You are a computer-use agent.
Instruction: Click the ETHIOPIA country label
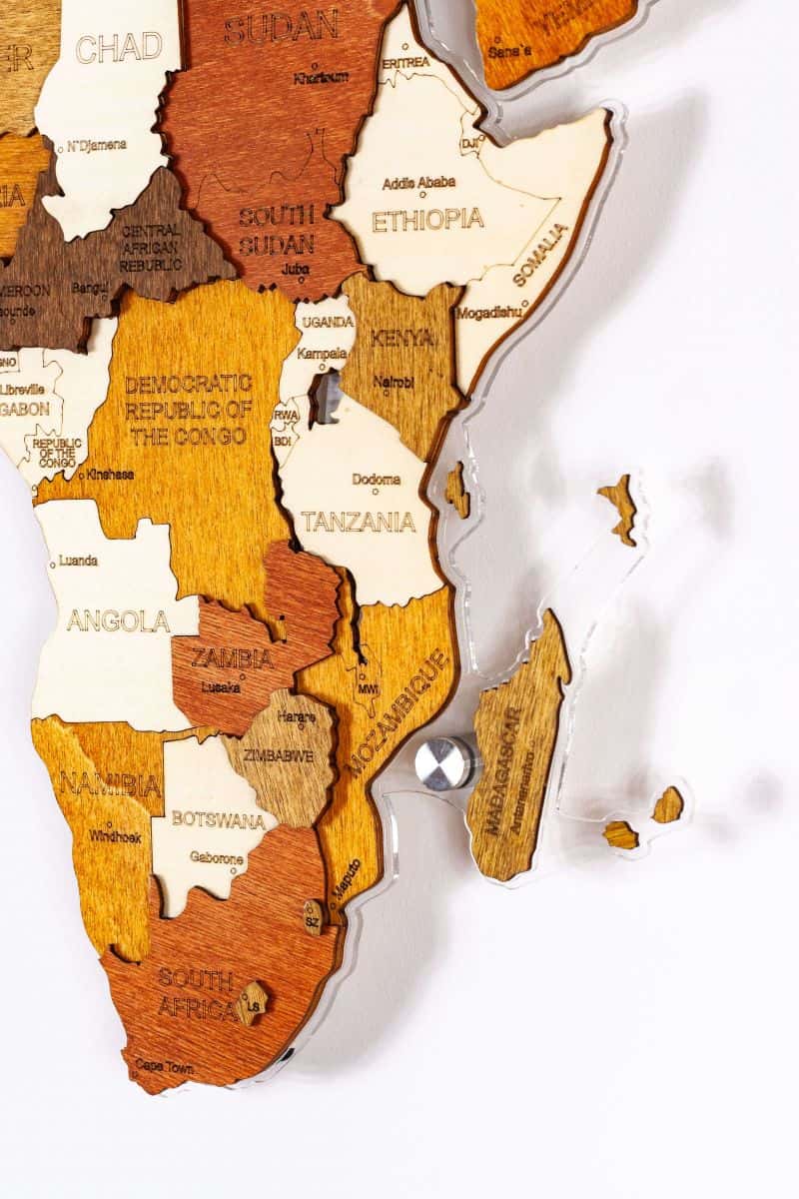[x=427, y=220]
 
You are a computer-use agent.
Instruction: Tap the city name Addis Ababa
[x=419, y=183]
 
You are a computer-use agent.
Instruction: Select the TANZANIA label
[x=359, y=522]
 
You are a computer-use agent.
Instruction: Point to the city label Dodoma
[x=376, y=480]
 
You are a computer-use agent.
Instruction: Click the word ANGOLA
[x=118, y=621]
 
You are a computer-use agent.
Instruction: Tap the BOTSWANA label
[x=220, y=819]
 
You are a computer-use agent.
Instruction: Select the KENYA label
[x=403, y=339]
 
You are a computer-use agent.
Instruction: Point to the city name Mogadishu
[x=489, y=313]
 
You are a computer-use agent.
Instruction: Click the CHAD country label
[x=119, y=47]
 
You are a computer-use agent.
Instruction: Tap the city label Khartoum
[x=321, y=77]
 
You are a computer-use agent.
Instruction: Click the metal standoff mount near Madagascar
[x=443, y=762]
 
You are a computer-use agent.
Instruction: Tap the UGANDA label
[x=328, y=322]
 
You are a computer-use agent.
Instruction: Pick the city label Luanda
[x=78, y=561]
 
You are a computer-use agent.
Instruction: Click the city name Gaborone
[x=217, y=858]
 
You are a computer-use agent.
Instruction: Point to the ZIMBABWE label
[x=281, y=756]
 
